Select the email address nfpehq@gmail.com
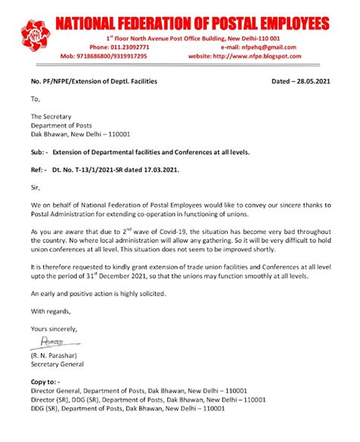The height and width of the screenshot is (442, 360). coord(268,46)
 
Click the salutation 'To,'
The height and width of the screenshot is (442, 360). coord(35,98)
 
